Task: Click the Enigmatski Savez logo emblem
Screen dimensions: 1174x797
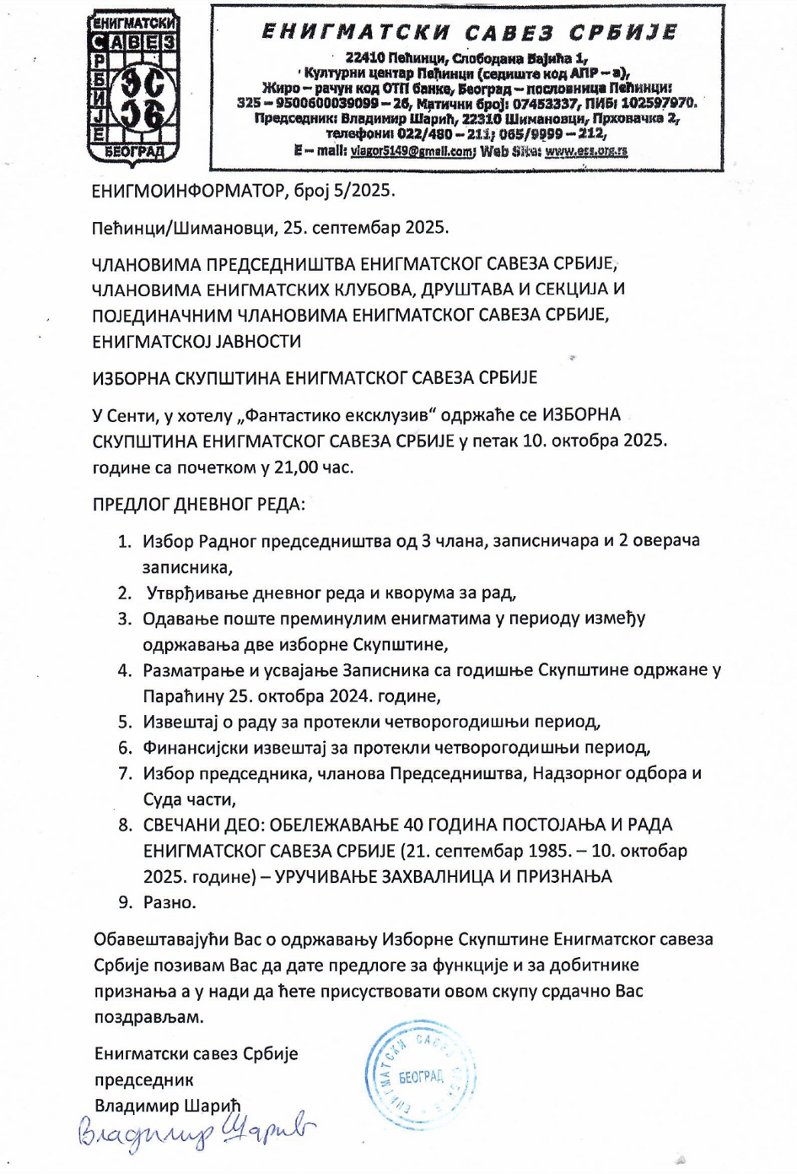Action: coord(135,88)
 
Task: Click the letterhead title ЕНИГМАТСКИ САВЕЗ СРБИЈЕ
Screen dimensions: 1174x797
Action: coord(470,32)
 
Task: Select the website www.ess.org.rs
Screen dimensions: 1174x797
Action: coord(586,151)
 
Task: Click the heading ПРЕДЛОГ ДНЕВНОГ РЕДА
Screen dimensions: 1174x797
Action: coord(198,505)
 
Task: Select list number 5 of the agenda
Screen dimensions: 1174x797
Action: coord(126,722)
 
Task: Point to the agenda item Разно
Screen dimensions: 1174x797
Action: coord(170,903)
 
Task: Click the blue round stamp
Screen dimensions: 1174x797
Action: coord(420,1075)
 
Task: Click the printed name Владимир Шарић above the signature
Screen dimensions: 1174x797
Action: coord(168,1106)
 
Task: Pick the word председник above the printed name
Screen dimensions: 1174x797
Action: coord(144,1080)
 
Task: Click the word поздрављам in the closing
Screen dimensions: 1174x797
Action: coord(149,1017)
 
